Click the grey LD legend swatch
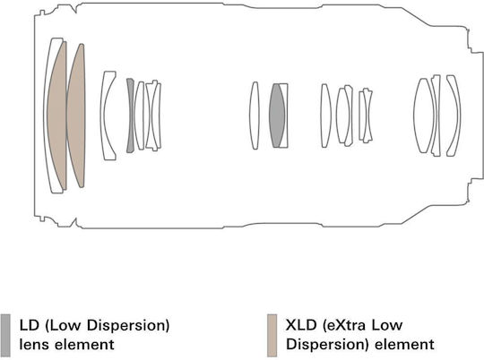(5, 335)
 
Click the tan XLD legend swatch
(272, 335)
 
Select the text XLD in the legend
(298, 325)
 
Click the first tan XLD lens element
(57, 116)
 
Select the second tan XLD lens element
(76, 116)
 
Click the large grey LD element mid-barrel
(277, 116)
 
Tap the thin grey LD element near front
(130, 116)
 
